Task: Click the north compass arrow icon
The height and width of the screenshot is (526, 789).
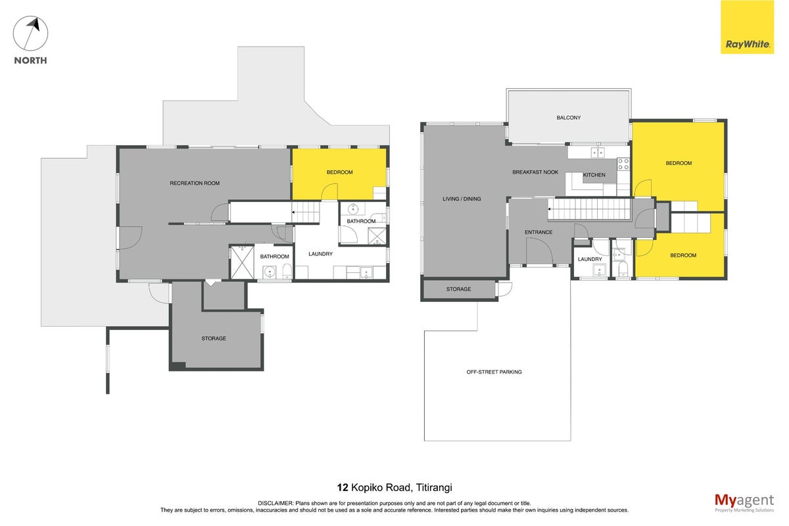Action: (x=31, y=34)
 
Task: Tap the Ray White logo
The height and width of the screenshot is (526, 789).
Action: (x=747, y=27)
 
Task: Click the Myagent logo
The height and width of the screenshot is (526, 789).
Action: (x=744, y=503)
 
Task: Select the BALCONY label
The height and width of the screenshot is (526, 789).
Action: (x=569, y=118)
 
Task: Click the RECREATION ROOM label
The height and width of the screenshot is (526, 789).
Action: (x=195, y=183)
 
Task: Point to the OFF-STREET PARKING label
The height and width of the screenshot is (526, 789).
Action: (x=494, y=371)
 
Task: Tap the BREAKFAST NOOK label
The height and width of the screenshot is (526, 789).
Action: (x=535, y=172)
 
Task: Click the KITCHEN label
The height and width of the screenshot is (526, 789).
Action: (x=594, y=175)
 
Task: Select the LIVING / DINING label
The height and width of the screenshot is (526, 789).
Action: (x=462, y=199)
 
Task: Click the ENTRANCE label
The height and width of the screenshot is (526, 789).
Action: (x=538, y=232)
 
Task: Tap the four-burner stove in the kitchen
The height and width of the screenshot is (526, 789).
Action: (x=623, y=164)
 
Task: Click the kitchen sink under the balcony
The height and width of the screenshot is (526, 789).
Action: (x=598, y=153)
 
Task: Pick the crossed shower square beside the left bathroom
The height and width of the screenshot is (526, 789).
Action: (x=242, y=262)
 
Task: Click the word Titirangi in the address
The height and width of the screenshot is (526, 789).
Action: (x=434, y=488)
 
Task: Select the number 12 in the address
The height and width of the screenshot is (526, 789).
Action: (x=343, y=488)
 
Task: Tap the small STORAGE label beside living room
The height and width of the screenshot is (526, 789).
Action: (x=458, y=289)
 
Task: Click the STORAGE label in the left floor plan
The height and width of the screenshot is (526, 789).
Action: (x=214, y=338)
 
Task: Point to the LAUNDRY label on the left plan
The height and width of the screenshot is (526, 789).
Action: (x=320, y=254)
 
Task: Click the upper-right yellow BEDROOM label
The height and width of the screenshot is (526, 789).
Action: (x=679, y=163)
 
